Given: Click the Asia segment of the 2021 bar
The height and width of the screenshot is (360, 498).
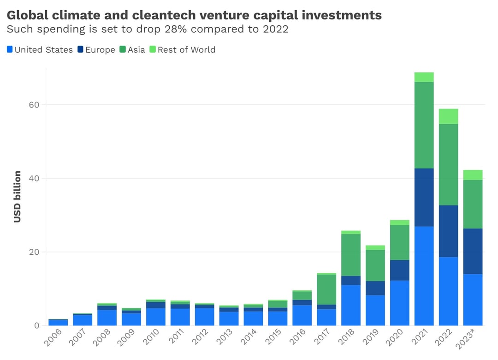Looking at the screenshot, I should pyautogui.click(x=424, y=125).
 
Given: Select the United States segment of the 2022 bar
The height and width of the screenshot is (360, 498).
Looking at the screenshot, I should pyautogui.click(x=448, y=291).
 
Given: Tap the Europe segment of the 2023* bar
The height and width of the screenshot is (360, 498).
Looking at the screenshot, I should pyautogui.click(x=473, y=251).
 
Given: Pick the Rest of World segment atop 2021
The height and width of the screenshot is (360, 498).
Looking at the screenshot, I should pyautogui.click(x=424, y=77).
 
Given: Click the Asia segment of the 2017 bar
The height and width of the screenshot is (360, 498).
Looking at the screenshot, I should pyautogui.click(x=326, y=289).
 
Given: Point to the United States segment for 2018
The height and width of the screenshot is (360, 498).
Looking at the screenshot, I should pyautogui.click(x=351, y=305).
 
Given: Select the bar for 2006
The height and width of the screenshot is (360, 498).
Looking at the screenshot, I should pyautogui.click(x=58, y=322).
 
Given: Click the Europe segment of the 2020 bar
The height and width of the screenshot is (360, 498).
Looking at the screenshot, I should pyautogui.click(x=399, y=270).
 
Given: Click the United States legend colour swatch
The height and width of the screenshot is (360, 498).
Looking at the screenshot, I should pyautogui.click(x=10, y=49).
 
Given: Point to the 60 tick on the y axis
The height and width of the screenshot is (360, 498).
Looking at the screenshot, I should pyautogui.click(x=34, y=105).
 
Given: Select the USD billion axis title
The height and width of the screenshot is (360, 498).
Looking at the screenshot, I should pyautogui.click(x=18, y=197).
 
